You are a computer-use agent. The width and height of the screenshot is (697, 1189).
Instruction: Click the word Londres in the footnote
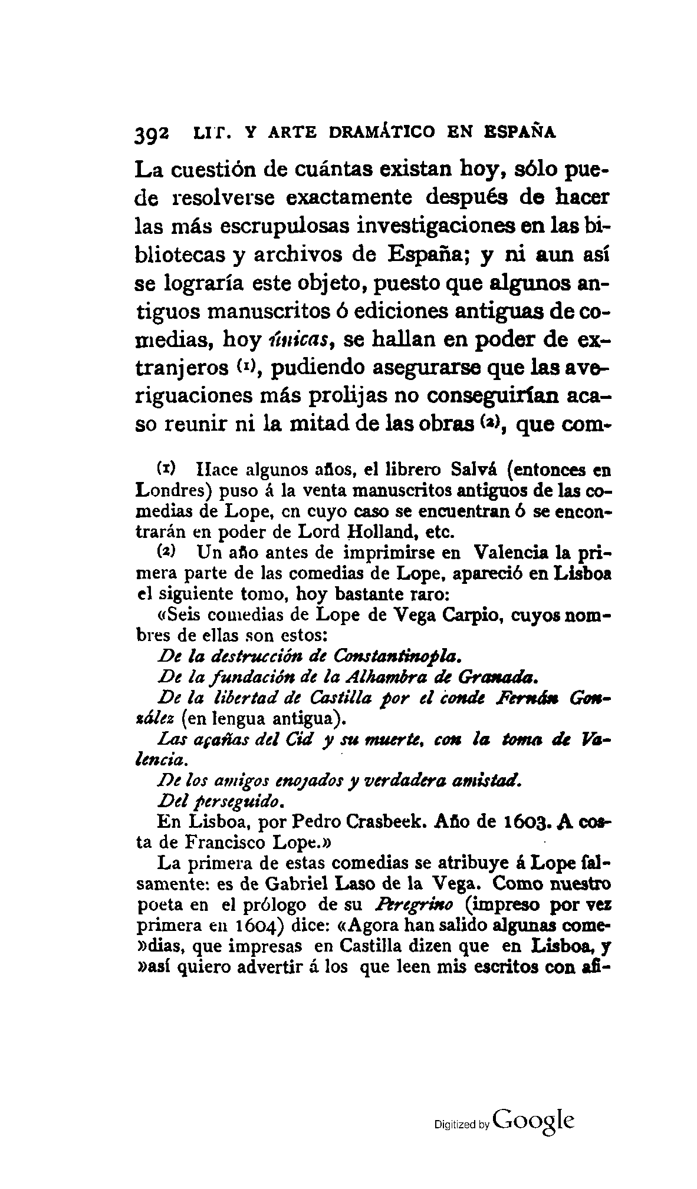[x=169, y=491]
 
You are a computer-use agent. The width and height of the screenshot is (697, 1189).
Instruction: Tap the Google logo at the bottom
[x=534, y=1119]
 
